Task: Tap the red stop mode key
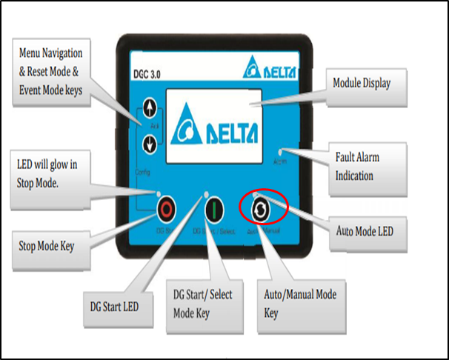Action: click(x=165, y=209)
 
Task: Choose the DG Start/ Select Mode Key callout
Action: click(x=202, y=303)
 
